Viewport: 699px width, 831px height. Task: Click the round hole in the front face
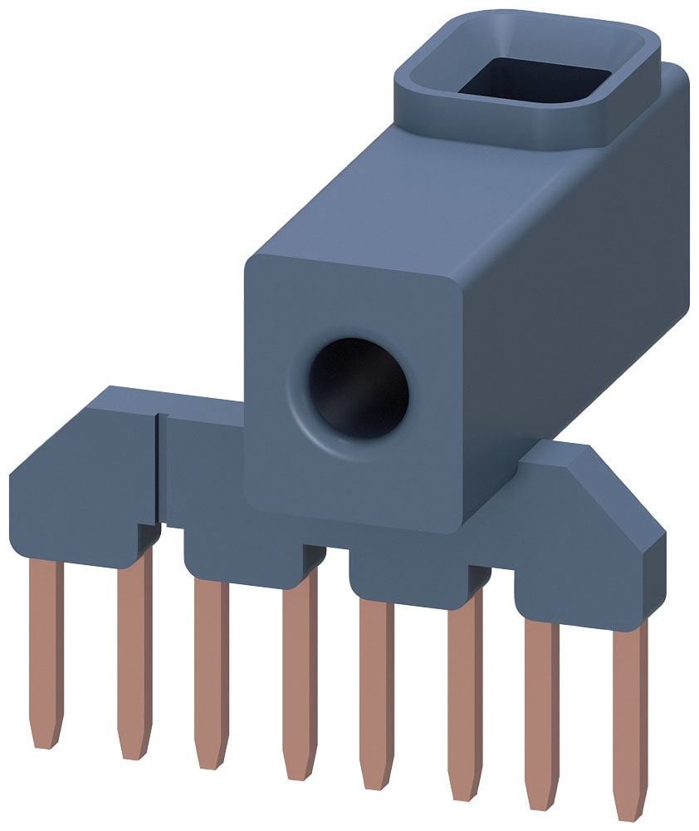[359, 387]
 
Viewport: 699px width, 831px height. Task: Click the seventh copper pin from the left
[541, 698]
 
